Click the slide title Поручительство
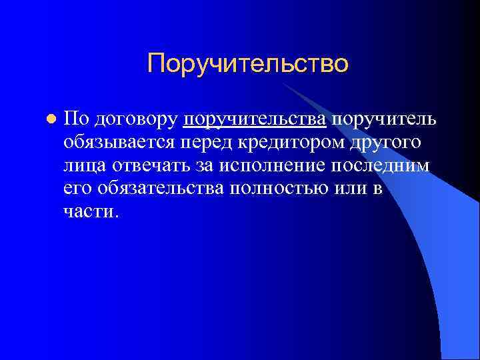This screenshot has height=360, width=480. pos(248,64)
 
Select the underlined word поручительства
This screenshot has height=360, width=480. pos(254,119)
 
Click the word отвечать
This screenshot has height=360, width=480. pos(148,166)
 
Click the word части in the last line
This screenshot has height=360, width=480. pos(90,213)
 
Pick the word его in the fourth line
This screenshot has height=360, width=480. pos(78,189)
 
